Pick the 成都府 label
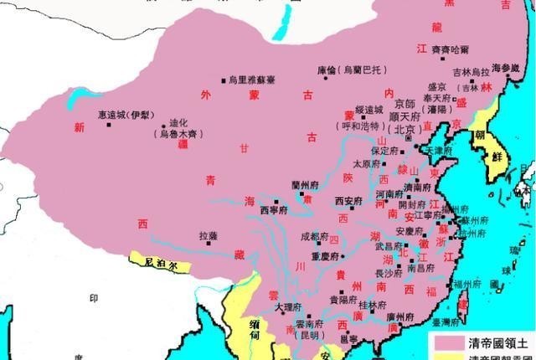tap(316, 237)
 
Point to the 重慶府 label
tap(325, 256)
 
